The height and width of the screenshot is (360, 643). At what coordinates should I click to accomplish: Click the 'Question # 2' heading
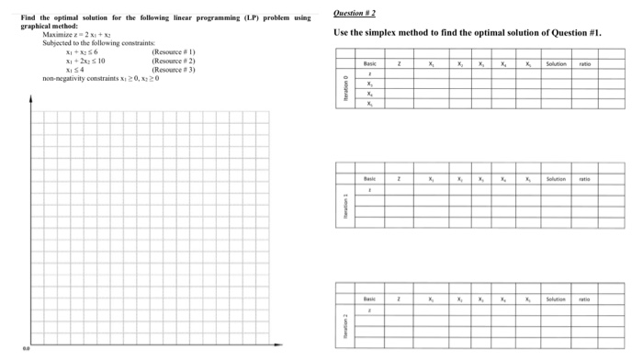pyautogui.click(x=355, y=13)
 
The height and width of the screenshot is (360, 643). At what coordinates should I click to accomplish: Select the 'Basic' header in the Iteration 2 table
pyautogui.click(x=369, y=298)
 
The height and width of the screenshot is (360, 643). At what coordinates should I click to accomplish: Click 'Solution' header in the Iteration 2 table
pyautogui.click(x=558, y=298)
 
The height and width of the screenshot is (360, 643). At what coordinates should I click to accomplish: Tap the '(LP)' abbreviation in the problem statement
pyautogui.click(x=246, y=17)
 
